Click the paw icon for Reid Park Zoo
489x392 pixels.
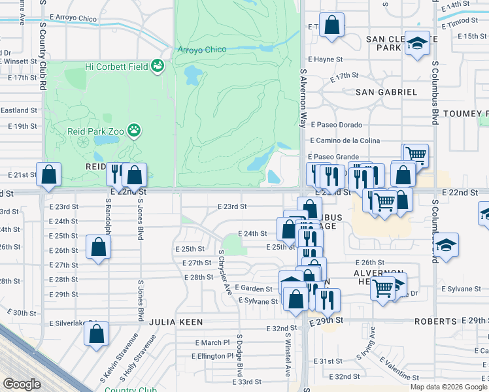pos(135,130)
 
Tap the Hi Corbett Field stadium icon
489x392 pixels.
pos(157,66)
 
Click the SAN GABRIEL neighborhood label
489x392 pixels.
pos(386,92)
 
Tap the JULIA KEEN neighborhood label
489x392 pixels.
pos(176,322)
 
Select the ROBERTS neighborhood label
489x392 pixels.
pos(435,321)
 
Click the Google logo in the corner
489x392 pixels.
pos(22,384)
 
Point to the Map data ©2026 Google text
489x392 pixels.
pos(448,387)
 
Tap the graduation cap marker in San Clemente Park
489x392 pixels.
pos(416,44)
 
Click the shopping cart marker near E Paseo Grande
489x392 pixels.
pos(415,155)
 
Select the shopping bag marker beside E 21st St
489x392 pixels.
pos(48,174)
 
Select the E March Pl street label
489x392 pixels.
pos(212,342)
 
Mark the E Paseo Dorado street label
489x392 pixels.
pos(337,125)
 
